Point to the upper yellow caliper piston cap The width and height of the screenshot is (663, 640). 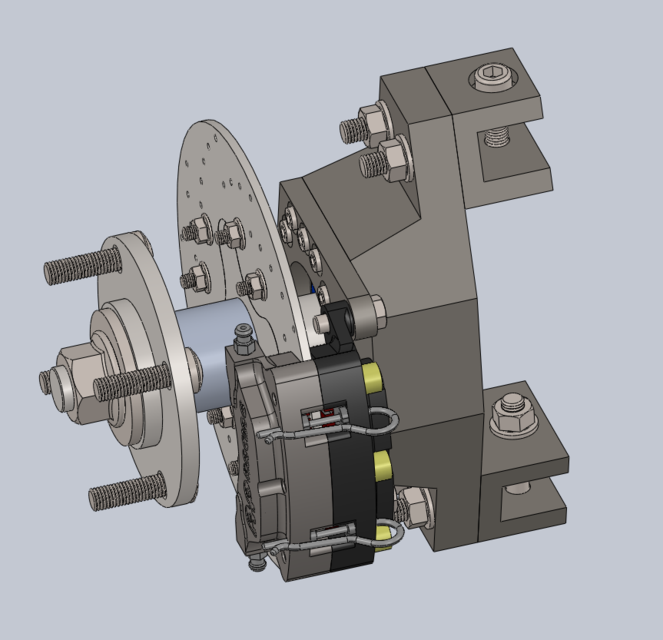[373, 377]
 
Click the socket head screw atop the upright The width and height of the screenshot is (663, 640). [494, 76]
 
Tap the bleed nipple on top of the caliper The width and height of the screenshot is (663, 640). [242, 334]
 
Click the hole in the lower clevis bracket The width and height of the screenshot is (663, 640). [518, 488]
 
